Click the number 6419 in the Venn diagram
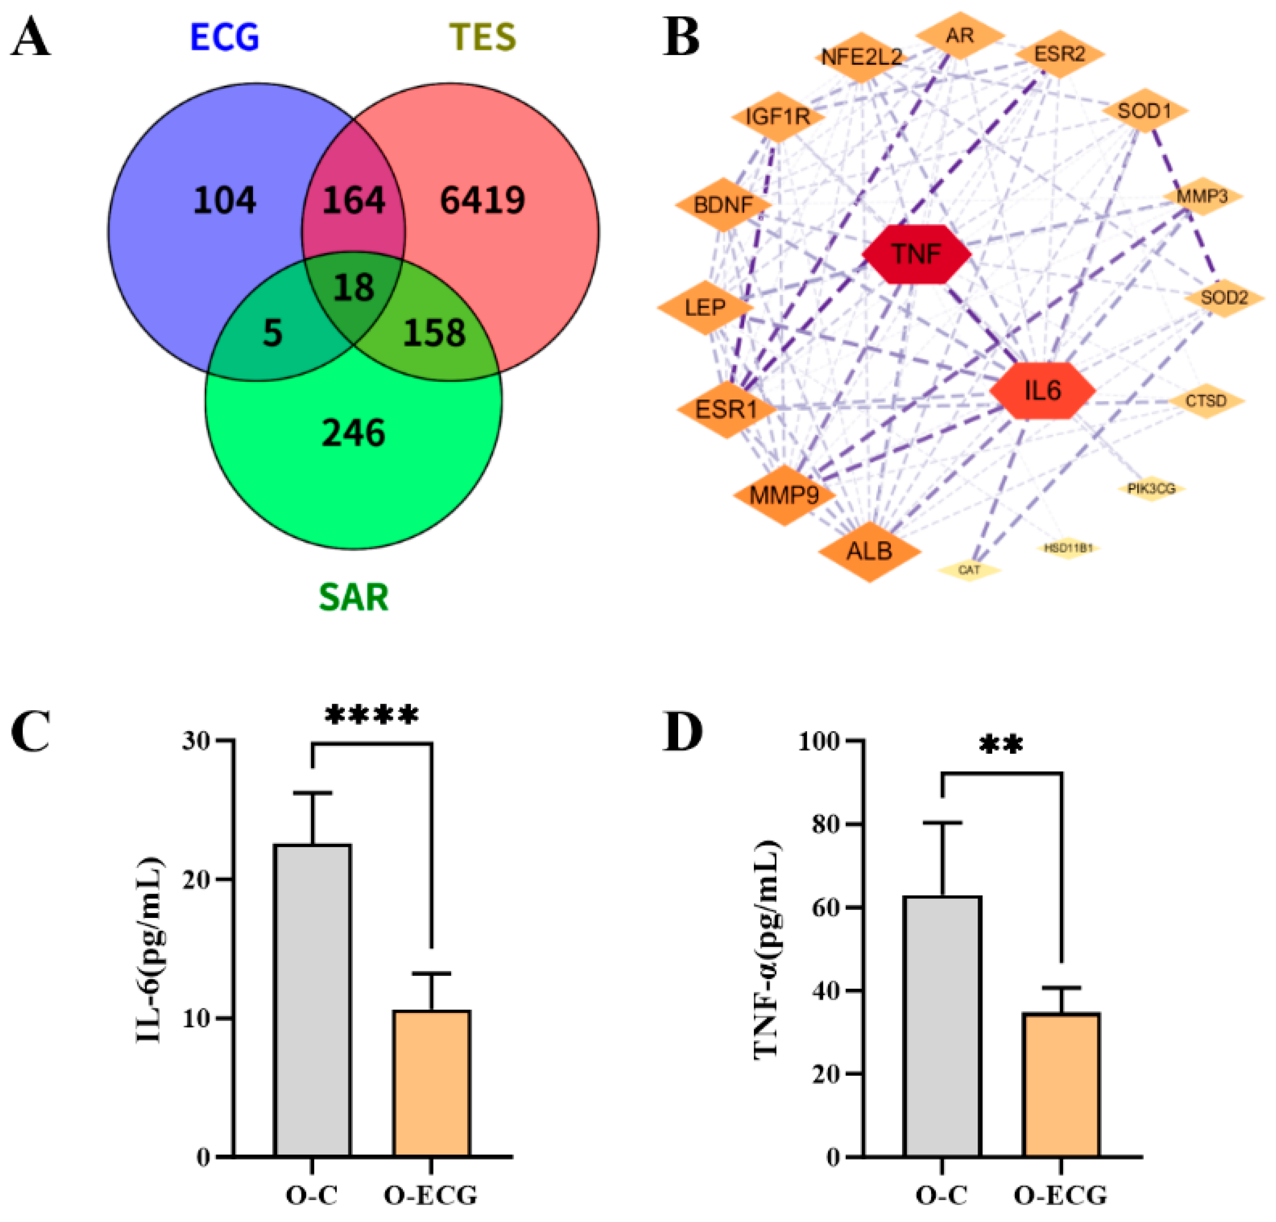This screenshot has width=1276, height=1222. click(x=482, y=200)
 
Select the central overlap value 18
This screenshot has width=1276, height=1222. click(x=354, y=287)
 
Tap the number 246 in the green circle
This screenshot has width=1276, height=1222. click(x=354, y=433)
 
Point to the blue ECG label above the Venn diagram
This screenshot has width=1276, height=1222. click(x=225, y=37)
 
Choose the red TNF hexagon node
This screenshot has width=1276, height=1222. click(x=916, y=254)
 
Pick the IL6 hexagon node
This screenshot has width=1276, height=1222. click(x=1042, y=390)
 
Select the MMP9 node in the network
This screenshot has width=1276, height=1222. click(x=784, y=495)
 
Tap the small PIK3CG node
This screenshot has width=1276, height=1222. click(x=1151, y=488)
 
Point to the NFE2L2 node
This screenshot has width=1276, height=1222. click(x=861, y=57)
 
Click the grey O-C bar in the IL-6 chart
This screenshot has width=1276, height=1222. click(x=313, y=1002)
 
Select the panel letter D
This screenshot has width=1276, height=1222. click(x=682, y=731)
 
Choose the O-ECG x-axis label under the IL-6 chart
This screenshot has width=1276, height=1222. click(x=430, y=1195)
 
